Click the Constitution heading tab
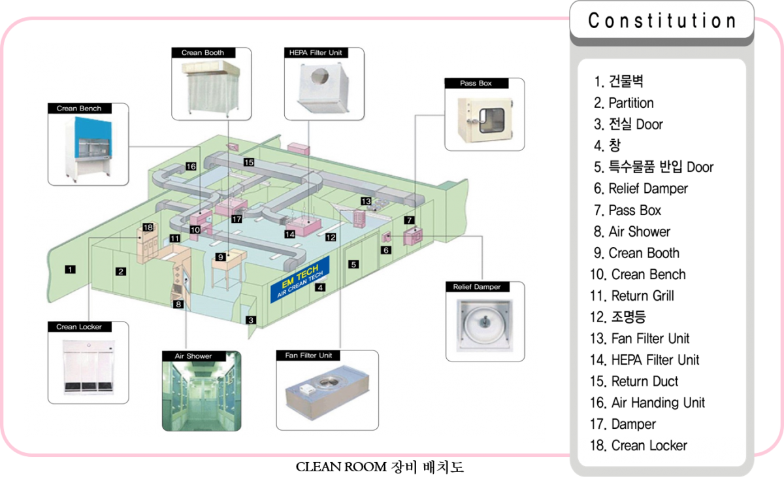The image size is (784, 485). (662, 22)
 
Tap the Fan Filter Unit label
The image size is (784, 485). (310, 355)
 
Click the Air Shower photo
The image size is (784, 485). (201, 395)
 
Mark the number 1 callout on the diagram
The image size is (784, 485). (70, 269)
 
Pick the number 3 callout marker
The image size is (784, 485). (251, 320)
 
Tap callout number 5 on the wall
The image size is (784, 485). (353, 265)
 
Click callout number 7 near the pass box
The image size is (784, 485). (409, 220)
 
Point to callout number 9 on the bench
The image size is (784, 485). (221, 257)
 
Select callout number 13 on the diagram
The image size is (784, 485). (366, 201)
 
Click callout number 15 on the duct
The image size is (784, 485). (248, 161)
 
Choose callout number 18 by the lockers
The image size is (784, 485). (148, 227)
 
